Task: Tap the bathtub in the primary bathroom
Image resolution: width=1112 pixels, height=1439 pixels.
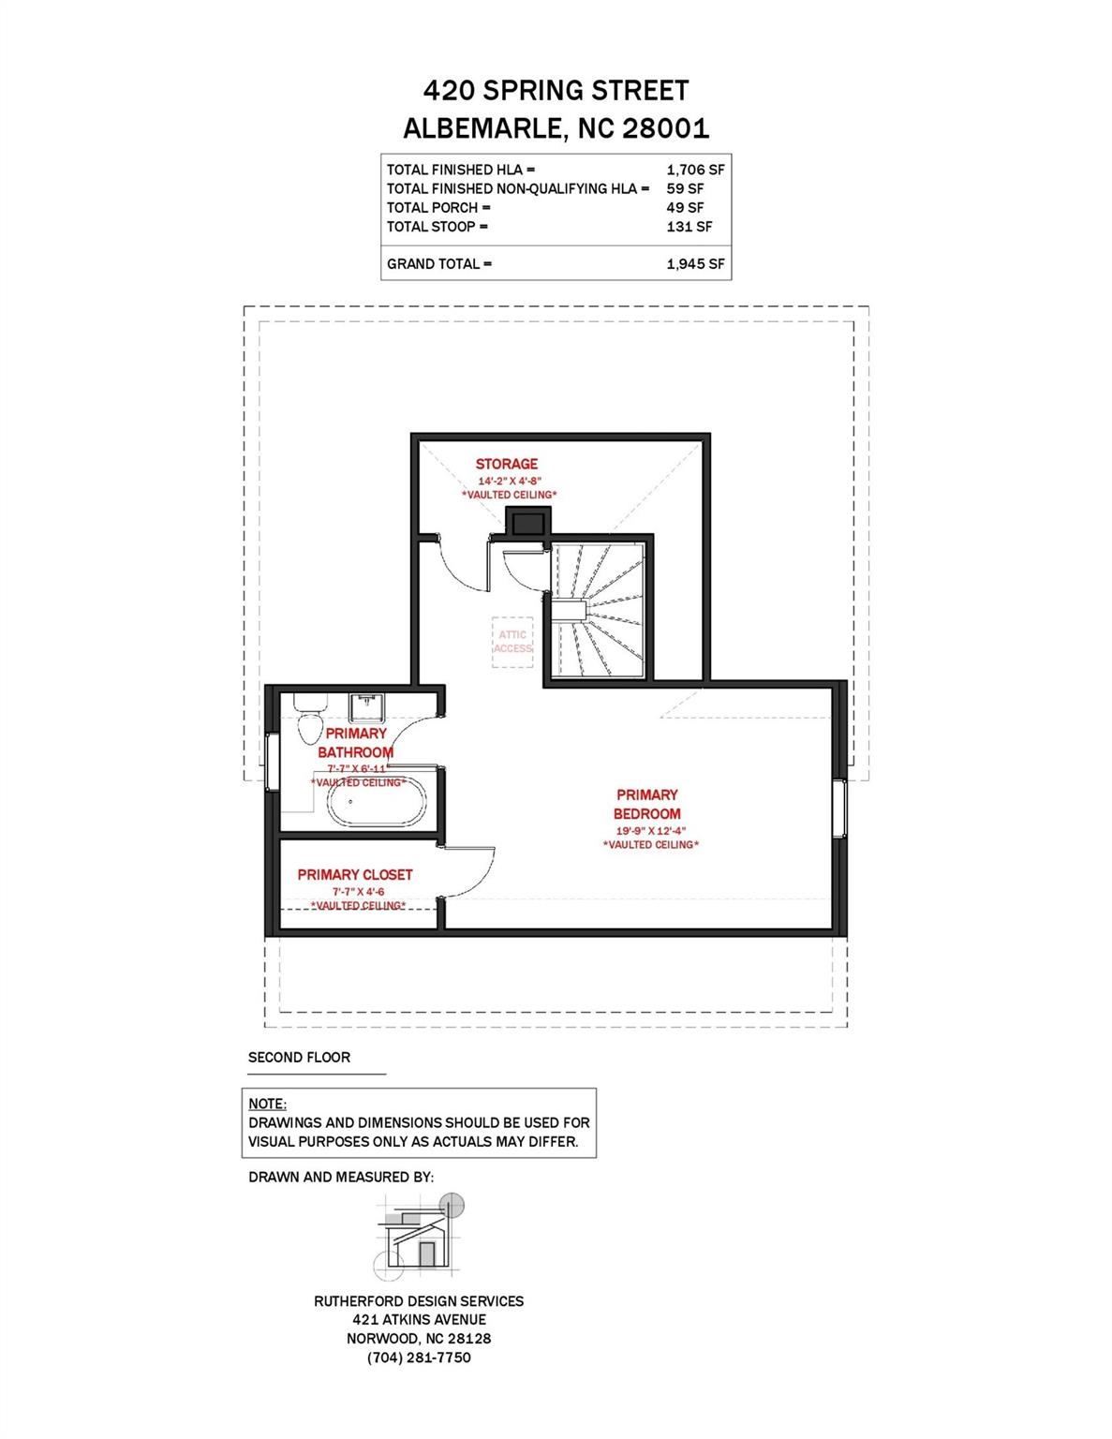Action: (377, 804)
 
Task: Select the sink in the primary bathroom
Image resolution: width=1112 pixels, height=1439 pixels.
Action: (365, 705)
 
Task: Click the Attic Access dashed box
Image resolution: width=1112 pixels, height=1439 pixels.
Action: (512, 642)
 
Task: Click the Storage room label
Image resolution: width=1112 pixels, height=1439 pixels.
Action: (507, 464)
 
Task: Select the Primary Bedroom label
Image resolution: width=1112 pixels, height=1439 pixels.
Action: (646, 804)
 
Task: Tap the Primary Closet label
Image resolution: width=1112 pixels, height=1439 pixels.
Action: (355, 874)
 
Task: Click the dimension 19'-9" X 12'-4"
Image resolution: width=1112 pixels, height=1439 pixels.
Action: (651, 830)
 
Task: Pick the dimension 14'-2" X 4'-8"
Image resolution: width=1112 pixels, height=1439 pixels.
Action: (510, 480)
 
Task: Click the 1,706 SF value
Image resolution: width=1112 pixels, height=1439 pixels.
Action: (695, 170)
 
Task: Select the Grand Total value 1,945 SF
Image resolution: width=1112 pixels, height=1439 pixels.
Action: (695, 263)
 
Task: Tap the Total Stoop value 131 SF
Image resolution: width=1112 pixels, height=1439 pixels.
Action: (689, 226)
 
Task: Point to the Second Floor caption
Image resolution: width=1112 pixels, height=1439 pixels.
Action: (299, 1057)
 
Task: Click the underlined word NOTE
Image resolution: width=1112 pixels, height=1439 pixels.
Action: (267, 1104)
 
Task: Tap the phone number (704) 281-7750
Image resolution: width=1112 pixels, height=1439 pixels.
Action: (419, 1357)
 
